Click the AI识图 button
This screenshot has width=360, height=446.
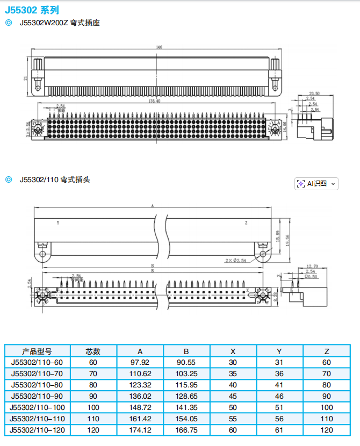316,183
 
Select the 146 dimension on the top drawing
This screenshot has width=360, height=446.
159,47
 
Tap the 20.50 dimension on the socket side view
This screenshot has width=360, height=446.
314,93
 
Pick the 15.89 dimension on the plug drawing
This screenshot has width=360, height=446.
278,236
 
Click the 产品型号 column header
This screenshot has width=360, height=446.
37,351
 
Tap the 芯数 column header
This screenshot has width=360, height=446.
93,351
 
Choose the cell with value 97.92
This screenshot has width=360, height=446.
140,363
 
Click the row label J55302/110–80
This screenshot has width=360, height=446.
37,385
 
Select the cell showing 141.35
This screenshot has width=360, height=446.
186,408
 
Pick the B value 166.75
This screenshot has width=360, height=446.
186,430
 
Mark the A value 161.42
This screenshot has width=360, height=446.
140,419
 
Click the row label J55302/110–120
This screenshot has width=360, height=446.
37,430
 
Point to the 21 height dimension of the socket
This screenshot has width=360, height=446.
26,78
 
